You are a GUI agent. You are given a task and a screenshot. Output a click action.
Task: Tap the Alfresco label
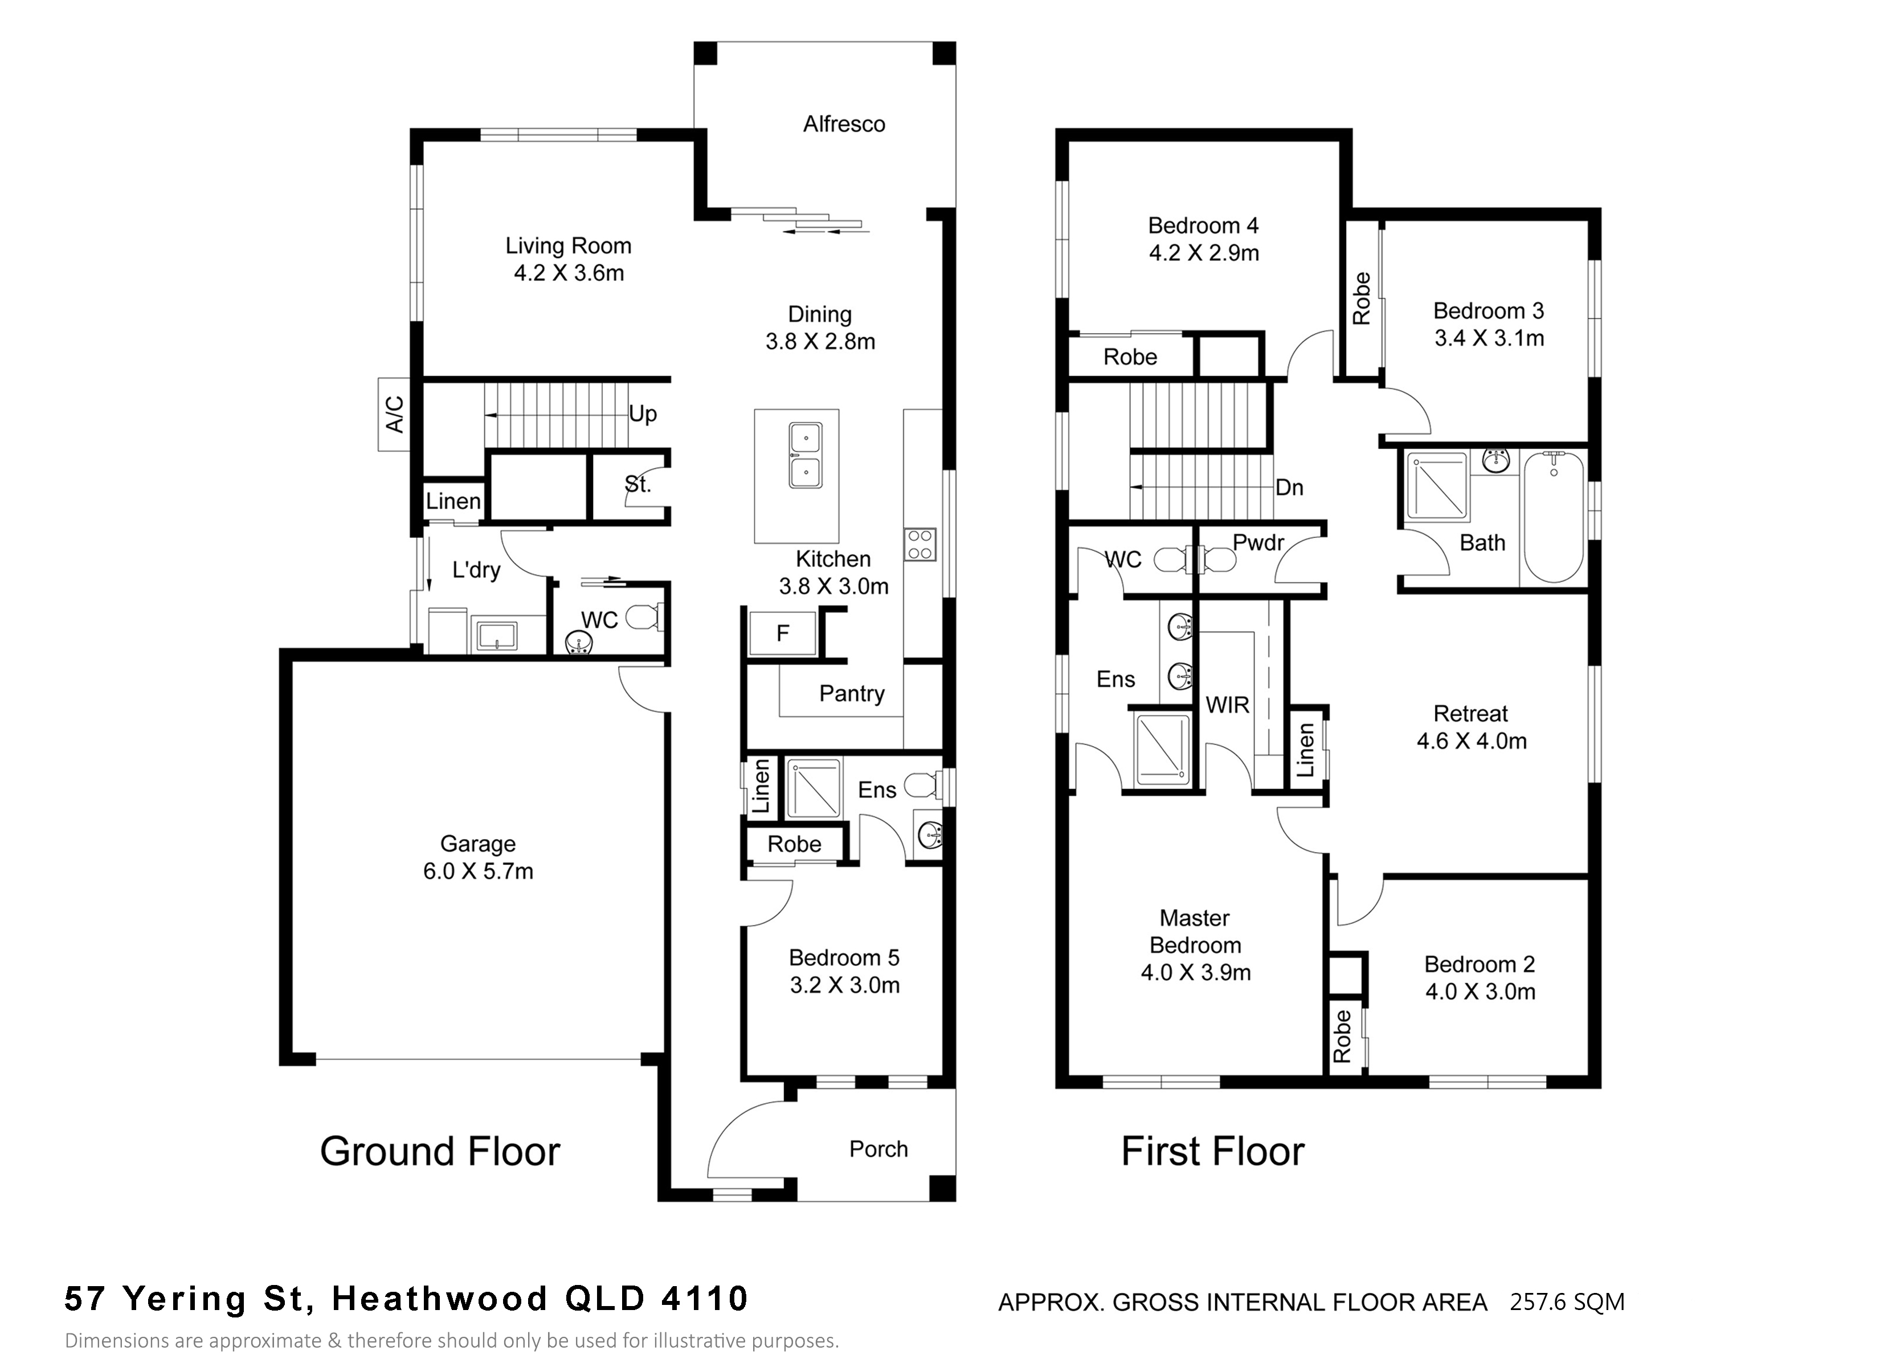844,124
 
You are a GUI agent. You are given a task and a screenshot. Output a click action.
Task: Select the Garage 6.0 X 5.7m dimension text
479,871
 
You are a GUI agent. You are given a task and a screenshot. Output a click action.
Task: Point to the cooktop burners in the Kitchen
920,545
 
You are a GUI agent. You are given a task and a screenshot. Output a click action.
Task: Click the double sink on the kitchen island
805,455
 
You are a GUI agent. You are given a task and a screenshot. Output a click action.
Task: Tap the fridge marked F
783,633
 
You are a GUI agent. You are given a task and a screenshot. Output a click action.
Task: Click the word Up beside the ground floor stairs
643,414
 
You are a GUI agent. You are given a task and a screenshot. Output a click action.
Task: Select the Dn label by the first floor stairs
1289,488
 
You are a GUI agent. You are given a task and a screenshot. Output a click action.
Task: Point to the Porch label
878,1149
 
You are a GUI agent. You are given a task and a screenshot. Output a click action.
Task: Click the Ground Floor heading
440,1152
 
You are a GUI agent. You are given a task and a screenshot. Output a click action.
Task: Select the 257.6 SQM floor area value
1567,1302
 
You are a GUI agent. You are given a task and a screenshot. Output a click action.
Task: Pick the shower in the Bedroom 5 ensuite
813,788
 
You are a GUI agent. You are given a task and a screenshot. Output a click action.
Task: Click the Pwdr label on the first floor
1258,543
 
